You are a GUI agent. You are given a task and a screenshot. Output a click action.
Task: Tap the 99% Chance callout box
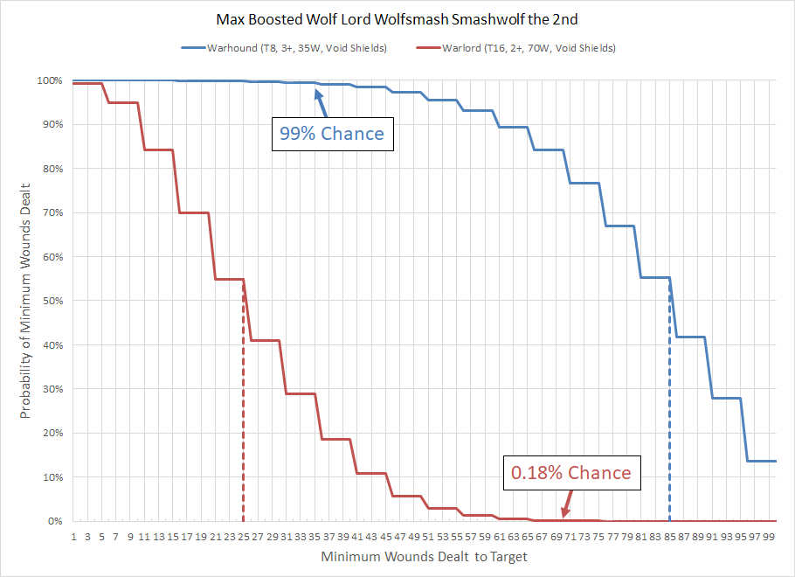(332, 134)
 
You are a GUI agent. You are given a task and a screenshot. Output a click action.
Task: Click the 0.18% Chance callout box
(571, 472)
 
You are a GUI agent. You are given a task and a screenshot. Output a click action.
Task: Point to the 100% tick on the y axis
(49, 80)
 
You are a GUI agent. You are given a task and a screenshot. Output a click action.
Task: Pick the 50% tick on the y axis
(52, 301)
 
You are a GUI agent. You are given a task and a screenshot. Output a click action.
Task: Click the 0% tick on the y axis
(55, 521)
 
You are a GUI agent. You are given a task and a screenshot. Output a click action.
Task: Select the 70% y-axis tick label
(52, 212)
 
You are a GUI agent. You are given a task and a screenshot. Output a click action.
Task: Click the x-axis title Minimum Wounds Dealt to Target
(424, 556)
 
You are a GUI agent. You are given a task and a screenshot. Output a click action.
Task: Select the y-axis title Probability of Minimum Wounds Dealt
(26, 301)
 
